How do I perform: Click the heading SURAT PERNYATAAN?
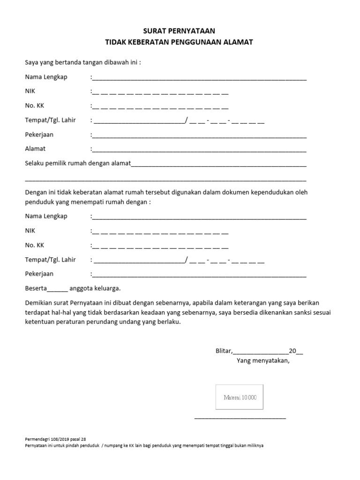coord(180,31)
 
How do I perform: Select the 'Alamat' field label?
coord(35,149)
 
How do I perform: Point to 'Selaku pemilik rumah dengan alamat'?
coord(77,164)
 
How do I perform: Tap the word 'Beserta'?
coord(36,288)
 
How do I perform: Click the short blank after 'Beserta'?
coord(57,290)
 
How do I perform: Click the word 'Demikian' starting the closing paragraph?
coord(38,302)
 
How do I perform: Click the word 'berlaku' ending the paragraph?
coord(168,322)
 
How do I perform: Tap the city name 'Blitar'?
coord(223,351)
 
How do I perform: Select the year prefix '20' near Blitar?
coord(292,351)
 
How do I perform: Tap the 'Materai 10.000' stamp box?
coord(239,397)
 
